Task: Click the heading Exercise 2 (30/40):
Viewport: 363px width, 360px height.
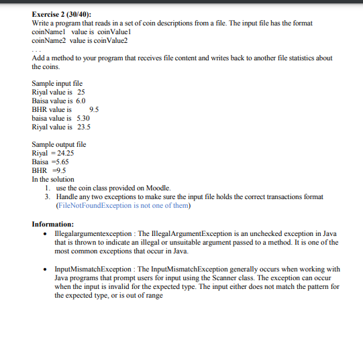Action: (62, 15)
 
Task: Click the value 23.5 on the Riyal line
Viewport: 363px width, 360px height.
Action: (84, 127)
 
